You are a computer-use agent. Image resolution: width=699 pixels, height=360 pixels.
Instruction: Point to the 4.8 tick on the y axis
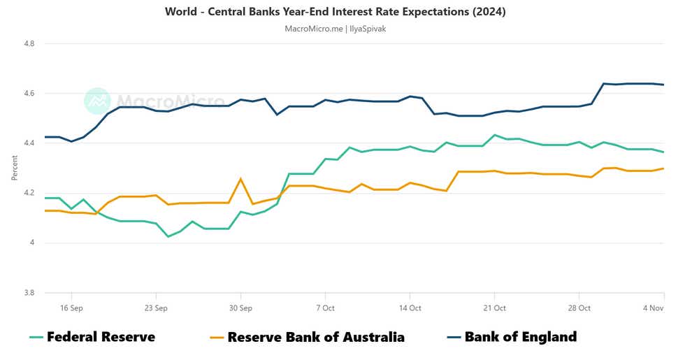click(x=29, y=43)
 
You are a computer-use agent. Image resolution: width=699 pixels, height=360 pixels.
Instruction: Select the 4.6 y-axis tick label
click(x=29, y=93)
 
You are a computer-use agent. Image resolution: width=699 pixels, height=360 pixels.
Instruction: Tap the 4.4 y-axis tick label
click(x=29, y=143)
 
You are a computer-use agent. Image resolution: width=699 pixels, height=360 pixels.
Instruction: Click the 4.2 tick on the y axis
click(x=29, y=193)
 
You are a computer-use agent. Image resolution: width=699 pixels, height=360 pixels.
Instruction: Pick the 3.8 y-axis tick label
click(x=29, y=293)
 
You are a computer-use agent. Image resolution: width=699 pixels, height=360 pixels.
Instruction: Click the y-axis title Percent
click(x=15, y=168)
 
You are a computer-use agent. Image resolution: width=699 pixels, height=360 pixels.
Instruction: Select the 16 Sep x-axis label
click(x=71, y=308)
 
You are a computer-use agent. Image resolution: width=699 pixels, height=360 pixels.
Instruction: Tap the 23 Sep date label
click(x=156, y=308)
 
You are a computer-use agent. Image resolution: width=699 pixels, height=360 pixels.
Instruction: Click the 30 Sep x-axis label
click(x=240, y=308)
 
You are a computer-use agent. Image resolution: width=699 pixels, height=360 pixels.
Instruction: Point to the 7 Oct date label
click(x=325, y=308)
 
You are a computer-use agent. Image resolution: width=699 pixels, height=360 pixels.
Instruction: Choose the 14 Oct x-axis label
click(x=410, y=308)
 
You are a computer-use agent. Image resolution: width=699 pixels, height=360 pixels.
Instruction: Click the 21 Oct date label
click(x=494, y=308)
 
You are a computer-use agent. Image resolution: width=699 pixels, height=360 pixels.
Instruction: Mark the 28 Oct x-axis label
click(x=579, y=308)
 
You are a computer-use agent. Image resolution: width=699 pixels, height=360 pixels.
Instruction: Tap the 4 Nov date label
click(x=654, y=308)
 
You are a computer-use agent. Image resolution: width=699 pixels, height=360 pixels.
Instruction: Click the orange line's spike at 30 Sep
click(x=240, y=179)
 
